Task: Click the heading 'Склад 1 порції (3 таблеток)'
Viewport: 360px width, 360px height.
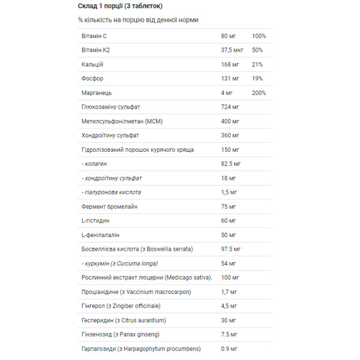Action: click(x=120, y=6)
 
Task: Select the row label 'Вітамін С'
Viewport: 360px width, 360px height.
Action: click(x=94, y=36)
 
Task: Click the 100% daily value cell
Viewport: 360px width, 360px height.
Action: click(x=259, y=36)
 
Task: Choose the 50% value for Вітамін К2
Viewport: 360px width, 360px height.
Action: click(x=257, y=50)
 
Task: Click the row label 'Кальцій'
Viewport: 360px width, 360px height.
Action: click(x=92, y=64)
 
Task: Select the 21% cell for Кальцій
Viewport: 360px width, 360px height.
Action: click(x=257, y=64)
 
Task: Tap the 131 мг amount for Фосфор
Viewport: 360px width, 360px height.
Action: click(x=230, y=79)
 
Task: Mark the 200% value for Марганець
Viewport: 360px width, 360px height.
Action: click(x=259, y=93)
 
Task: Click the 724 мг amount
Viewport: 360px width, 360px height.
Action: click(x=230, y=107)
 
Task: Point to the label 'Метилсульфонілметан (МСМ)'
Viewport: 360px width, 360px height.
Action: click(x=122, y=121)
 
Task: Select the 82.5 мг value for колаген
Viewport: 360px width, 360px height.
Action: click(x=231, y=164)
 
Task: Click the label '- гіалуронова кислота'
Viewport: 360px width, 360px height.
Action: click(x=111, y=192)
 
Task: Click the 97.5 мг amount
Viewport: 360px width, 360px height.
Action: click(x=231, y=249)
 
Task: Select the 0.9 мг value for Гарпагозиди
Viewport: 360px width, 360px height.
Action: click(x=229, y=349)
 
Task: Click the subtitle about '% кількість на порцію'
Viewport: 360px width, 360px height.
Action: click(x=138, y=20)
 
